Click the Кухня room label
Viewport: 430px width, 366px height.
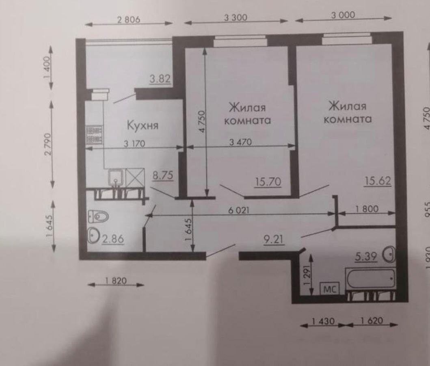pos(143,126)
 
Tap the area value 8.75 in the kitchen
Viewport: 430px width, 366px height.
pos(163,175)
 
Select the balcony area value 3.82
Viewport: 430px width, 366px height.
pos(160,79)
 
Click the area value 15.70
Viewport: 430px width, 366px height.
pos(268,182)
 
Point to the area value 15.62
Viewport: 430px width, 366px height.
pos(378,181)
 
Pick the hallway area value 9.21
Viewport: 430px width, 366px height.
pos(274,240)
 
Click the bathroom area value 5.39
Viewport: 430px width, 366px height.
pos(366,257)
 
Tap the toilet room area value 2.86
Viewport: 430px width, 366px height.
pos(113,239)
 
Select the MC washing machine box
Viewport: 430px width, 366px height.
pos(330,289)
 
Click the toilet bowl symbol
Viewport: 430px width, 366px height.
pos(98,217)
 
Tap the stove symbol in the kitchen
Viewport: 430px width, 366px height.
pos(95,135)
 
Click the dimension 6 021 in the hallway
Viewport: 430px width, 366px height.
pos(239,210)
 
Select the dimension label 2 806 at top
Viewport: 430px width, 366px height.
pos(129,20)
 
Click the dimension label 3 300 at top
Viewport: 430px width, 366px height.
pos(236,18)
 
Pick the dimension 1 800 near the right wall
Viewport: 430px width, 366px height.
pos(367,209)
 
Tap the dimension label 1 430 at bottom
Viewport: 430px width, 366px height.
pos(323,321)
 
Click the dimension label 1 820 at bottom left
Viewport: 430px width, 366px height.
pos(115,281)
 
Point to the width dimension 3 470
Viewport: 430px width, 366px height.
pos(240,142)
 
